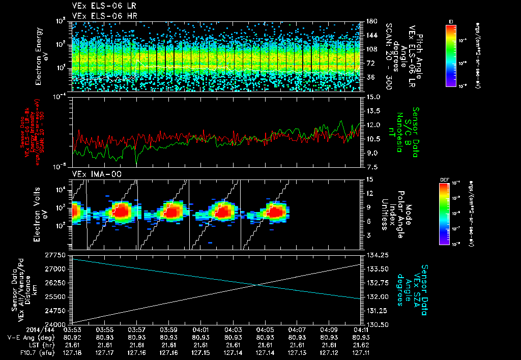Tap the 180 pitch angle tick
371,21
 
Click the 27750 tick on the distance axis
57,254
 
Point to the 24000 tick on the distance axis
57,324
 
